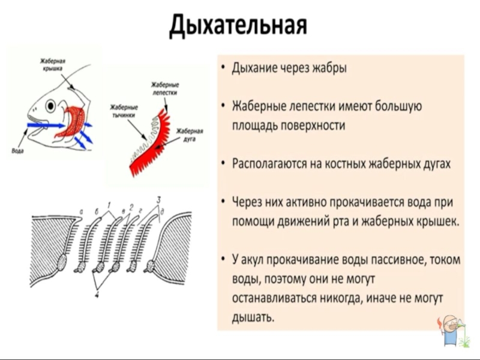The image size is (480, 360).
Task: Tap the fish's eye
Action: [50, 105]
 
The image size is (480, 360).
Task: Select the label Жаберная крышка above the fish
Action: [52, 64]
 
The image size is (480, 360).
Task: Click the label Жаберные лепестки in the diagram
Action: [164, 89]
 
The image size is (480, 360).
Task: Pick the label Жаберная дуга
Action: [188, 134]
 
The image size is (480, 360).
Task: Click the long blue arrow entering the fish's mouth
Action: [45, 125]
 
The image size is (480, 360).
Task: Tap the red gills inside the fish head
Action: [72, 122]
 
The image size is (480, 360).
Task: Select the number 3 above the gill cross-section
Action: [157, 199]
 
